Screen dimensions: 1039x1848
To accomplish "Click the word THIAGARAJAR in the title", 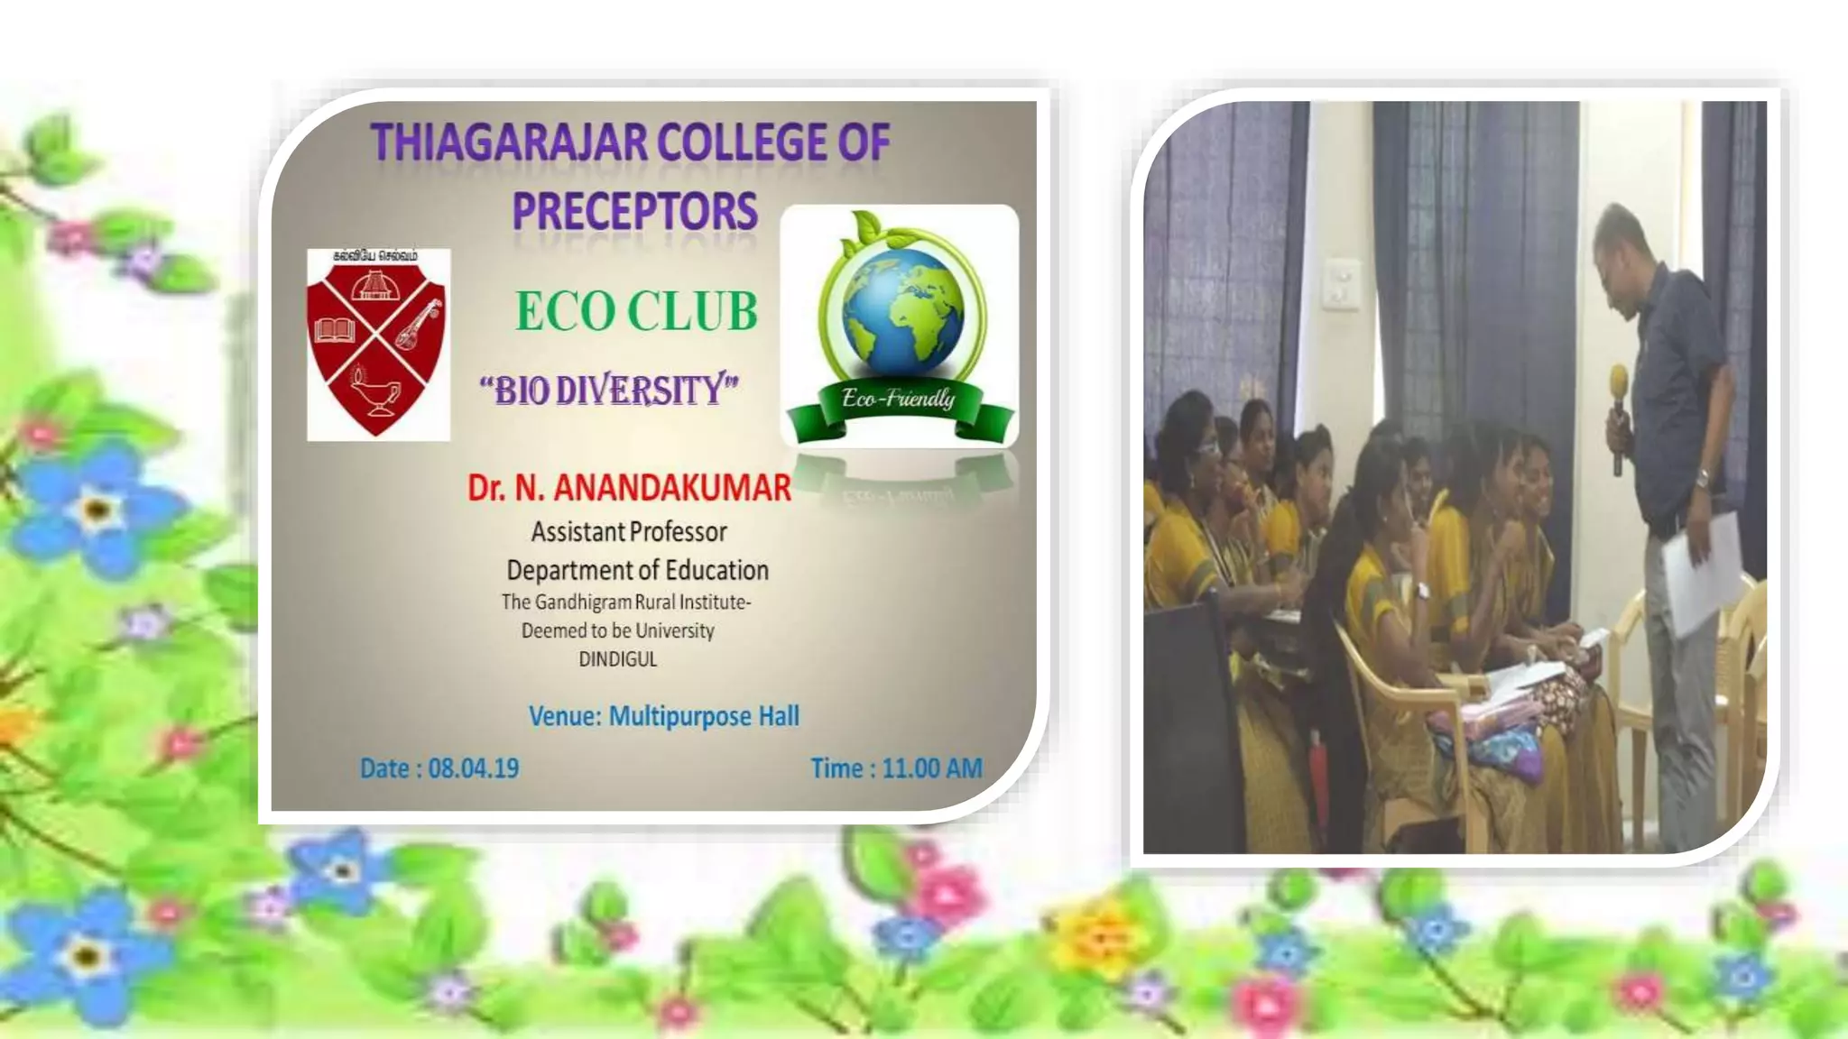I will coord(509,143).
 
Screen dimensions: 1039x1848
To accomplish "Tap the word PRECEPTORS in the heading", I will coord(634,211).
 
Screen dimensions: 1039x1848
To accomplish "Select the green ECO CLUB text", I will coord(636,311).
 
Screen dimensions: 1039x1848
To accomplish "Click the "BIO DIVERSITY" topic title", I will coord(609,391).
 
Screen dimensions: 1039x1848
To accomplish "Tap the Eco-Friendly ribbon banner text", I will coord(898,398).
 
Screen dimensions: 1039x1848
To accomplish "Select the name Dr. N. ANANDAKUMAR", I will coord(629,488).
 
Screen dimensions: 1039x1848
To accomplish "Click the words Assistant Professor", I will coord(629,532).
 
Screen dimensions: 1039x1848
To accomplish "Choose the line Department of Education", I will coord(637,570).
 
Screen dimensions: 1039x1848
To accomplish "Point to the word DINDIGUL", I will coord(618,659).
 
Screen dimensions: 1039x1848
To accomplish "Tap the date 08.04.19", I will coord(473,768).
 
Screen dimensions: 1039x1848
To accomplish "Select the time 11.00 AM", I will coord(931,768).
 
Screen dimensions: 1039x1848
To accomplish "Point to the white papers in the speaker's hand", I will coord(1704,568).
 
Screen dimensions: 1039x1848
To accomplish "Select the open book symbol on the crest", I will coord(335,329).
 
